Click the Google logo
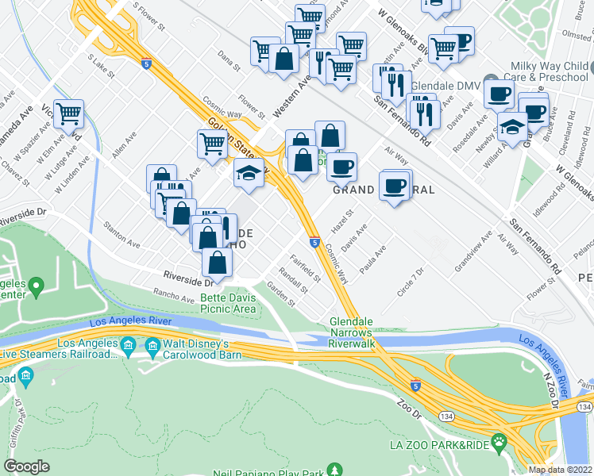[x=26, y=466]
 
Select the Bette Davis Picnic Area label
[x=228, y=303]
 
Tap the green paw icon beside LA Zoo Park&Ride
[x=499, y=441]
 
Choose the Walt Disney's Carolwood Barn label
[x=196, y=349]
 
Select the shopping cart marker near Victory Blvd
[x=69, y=114]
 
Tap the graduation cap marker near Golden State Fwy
[x=249, y=174]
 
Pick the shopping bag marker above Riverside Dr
[x=217, y=263]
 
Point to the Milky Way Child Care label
[x=550, y=70]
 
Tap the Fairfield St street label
[x=305, y=267]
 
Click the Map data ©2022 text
[x=560, y=470]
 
